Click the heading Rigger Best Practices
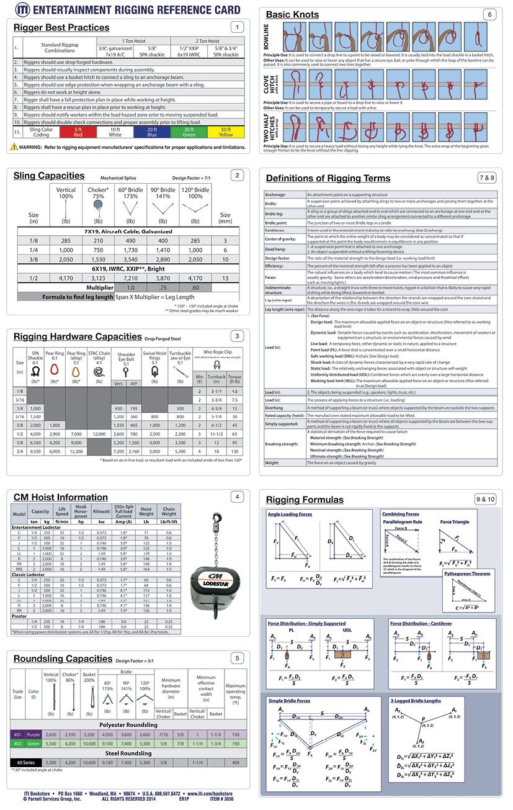point(61,27)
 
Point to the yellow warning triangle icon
point(14,147)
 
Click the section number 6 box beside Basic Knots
point(489,14)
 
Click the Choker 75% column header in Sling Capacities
point(98,194)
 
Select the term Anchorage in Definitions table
point(276,195)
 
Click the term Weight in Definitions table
point(272,462)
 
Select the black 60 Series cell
point(25,762)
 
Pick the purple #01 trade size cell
point(18,734)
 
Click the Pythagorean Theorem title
point(467,574)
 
